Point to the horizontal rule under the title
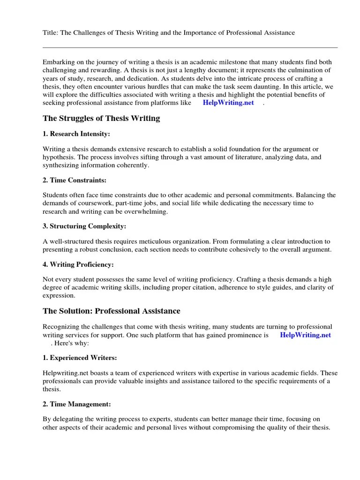click(x=190, y=47)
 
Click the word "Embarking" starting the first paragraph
click(x=58, y=62)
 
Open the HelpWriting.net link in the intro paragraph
click(x=228, y=103)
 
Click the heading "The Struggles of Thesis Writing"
click(x=101, y=119)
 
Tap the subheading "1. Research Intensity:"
click(x=76, y=134)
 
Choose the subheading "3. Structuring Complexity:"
click(x=84, y=226)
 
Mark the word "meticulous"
click(x=156, y=241)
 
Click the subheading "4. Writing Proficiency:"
click(x=78, y=264)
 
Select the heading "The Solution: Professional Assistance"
click(x=111, y=311)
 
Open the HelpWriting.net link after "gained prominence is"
click(x=305, y=335)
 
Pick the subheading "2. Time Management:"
click(x=76, y=404)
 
